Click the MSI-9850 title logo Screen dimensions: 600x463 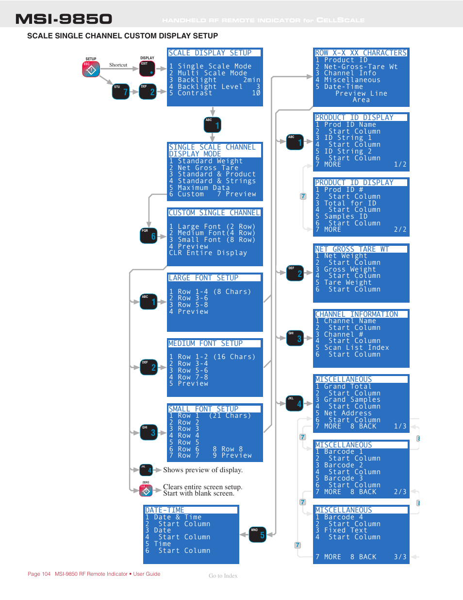[x=64, y=19]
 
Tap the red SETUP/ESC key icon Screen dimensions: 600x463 [x=91, y=69]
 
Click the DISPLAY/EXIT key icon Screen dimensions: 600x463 [x=147, y=69]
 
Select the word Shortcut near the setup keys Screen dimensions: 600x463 [x=118, y=65]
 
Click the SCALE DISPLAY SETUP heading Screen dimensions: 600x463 [x=210, y=53]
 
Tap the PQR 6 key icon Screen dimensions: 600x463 [x=149, y=236]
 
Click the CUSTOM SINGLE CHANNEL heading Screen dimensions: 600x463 [x=214, y=213]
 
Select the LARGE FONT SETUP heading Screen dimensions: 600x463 [x=203, y=278]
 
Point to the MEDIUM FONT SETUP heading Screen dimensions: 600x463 [x=205, y=343]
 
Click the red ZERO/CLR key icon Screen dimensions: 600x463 [x=146, y=491]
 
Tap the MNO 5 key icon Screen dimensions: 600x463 [x=258, y=534]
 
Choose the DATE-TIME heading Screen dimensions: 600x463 [x=165, y=510]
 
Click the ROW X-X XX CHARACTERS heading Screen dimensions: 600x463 [x=361, y=53]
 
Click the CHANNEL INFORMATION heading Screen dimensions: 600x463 [x=357, y=314]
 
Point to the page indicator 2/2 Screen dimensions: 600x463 [x=400, y=230]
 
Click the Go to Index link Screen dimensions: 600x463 [x=223, y=576]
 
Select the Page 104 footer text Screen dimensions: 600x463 [x=39, y=574]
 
